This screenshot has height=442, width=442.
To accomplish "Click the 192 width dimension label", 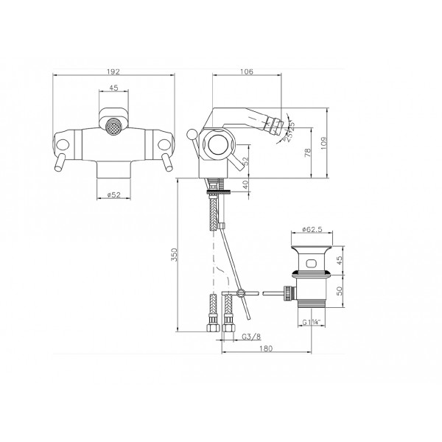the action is pos(113,71).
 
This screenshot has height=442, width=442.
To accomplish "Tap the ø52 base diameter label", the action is pos(114,194).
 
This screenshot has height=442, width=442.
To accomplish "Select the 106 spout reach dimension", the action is pos(247,71).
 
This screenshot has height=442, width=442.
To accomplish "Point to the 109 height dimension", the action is pos(324,143).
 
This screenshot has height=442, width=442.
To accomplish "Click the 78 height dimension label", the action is pos(308,152).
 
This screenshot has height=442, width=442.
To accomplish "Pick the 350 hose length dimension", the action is pos(175,255).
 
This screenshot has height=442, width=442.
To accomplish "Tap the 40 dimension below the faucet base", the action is pos(245,185).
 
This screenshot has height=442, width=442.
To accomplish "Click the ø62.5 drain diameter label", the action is pos(312,229).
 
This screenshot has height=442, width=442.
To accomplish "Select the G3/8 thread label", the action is pos(251,337).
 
